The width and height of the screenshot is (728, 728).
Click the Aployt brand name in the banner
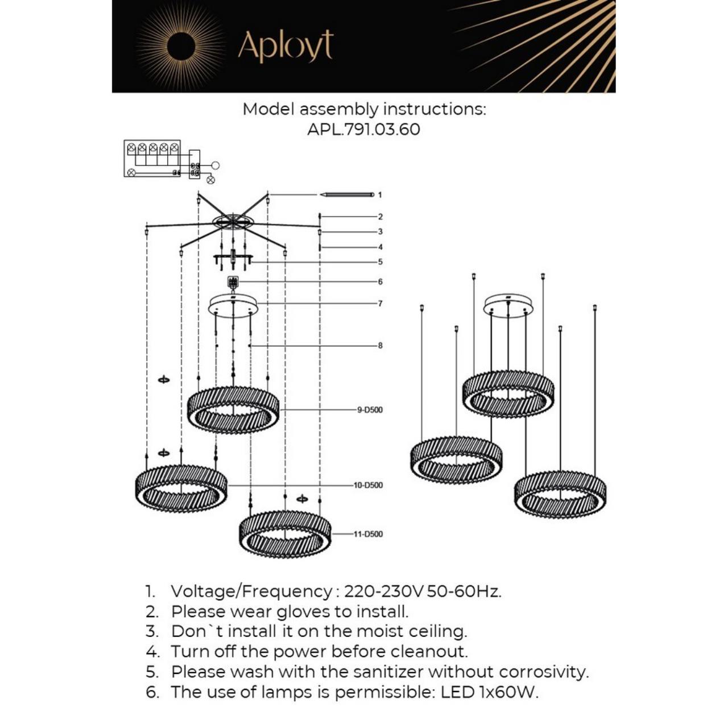pyautogui.click(x=286, y=46)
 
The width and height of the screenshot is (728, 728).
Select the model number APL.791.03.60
pyautogui.click(x=363, y=129)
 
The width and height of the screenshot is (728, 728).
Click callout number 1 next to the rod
pyautogui.click(x=380, y=195)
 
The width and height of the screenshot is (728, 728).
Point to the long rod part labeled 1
pyautogui.click(x=347, y=195)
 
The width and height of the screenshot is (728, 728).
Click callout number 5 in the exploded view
pyautogui.click(x=380, y=262)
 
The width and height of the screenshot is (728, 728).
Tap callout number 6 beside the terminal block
pyautogui.click(x=380, y=282)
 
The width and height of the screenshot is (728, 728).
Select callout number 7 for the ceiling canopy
pyautogui.click(x=380, y=303)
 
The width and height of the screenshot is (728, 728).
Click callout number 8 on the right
pyautogui.click(x=380, y=345)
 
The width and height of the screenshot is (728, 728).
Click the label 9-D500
pyautogui.click(x=370, y=409)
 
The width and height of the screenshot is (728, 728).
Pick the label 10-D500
pyautogui.click(x=368, y=485)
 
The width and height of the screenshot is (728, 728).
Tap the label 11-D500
pyautogui.click(x=368, y=534)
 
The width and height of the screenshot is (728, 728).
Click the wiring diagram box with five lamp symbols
pyautogui.click(x=152, y=158)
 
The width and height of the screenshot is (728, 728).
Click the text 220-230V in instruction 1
pyautogui.click(x=383, y=591)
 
